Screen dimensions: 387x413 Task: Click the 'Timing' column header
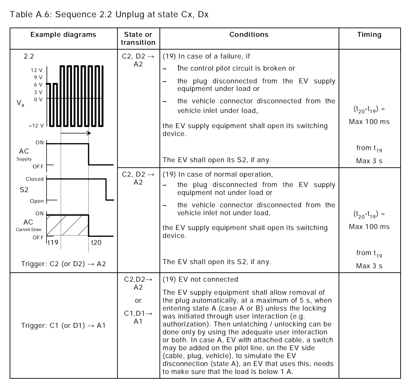click(x=369, y=34)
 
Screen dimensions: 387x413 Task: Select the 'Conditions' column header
click(x=249, y=34)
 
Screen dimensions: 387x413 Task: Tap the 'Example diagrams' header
click(x=63, y=34)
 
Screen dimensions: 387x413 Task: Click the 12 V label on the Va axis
click(x=37, y=70)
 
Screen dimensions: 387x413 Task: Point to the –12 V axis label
click(x=36, y=126)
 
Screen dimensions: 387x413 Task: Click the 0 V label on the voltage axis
click(x=38, y=100)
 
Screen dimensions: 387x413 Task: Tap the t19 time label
click(x=53, y=242)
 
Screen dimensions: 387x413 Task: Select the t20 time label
click(x=96, y=242)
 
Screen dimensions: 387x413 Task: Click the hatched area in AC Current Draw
click(x=68, y=225)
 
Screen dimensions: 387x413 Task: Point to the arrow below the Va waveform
click(x=76, y=133)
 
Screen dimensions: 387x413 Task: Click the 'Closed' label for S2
click(x=35, y=179)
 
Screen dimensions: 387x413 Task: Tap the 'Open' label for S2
click(x=37, y=201)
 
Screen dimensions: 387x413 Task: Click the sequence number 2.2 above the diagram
click(x=29, y=56)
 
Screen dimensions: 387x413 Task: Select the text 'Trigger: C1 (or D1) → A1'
click(x=63, y=325)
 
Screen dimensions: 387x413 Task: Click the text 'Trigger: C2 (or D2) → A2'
click(x=63, y=264)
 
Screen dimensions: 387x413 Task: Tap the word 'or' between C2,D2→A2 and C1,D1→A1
click(x=138, y=301)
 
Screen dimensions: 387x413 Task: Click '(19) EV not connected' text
click(x=200, y=279)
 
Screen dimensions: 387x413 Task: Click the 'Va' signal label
click(x=20, y=103)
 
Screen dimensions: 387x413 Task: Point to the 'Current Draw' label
click(x=29, y=230)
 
